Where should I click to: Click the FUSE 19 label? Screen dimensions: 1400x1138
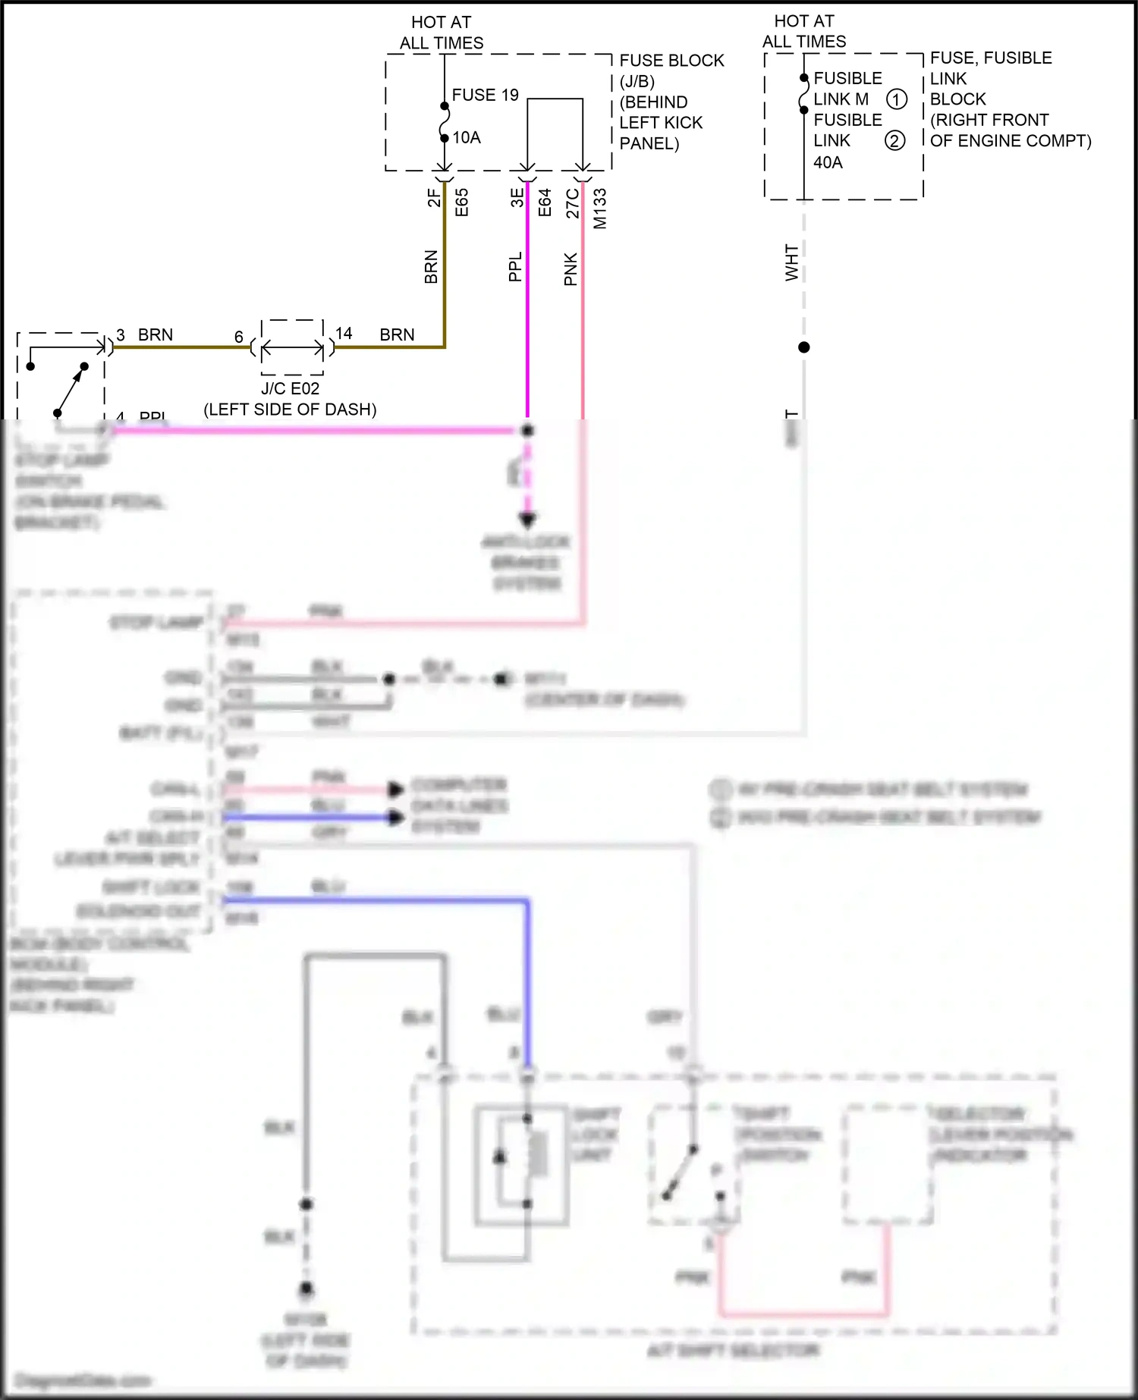[x=485, y=95]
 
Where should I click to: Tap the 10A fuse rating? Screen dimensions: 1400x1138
[x=467, y=137]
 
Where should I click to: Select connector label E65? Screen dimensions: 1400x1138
[x=461, y=202]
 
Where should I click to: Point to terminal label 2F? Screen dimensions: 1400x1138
[x=433, y=198]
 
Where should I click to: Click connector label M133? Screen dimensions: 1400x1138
[x=600, y=208]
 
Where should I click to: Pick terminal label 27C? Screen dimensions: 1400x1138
[x=573, y=202]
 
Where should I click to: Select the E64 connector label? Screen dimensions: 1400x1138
[x=544, y=202]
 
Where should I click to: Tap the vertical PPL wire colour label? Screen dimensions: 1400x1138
[x=515, y=267]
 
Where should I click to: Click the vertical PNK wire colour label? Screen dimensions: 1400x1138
[x=571, y=269]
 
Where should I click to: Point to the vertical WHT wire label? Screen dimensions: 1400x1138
[x=791, y=262]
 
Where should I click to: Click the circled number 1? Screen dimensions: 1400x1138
[x=897, y=99]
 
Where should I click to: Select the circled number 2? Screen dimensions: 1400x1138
[x=895, y=140]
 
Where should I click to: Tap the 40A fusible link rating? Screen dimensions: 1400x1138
[x=828, y=162]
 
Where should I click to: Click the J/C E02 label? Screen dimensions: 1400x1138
[x=291, y=388]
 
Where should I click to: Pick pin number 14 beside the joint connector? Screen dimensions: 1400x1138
[x=344, y=333]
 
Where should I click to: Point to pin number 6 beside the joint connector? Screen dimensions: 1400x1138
[x=238, y=337]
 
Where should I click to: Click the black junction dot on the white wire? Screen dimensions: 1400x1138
[x=804, y=347]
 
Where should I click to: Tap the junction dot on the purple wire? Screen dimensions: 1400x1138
[x=527, y=430]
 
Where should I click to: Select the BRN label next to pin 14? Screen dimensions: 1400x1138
[x=397, y=334]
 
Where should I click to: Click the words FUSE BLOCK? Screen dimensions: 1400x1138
[x=671, y=61]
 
